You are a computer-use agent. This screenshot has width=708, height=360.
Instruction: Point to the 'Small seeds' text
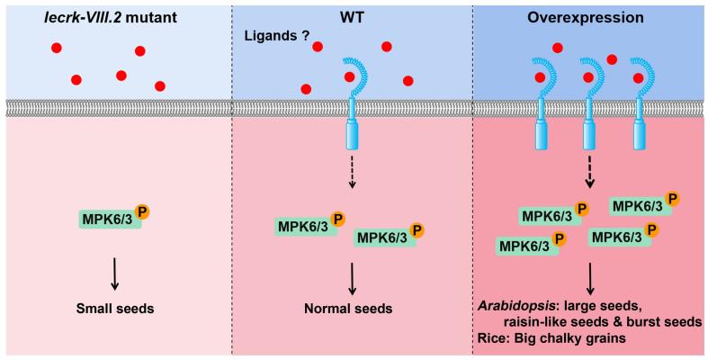115,308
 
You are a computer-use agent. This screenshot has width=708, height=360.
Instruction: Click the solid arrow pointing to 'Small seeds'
115,271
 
